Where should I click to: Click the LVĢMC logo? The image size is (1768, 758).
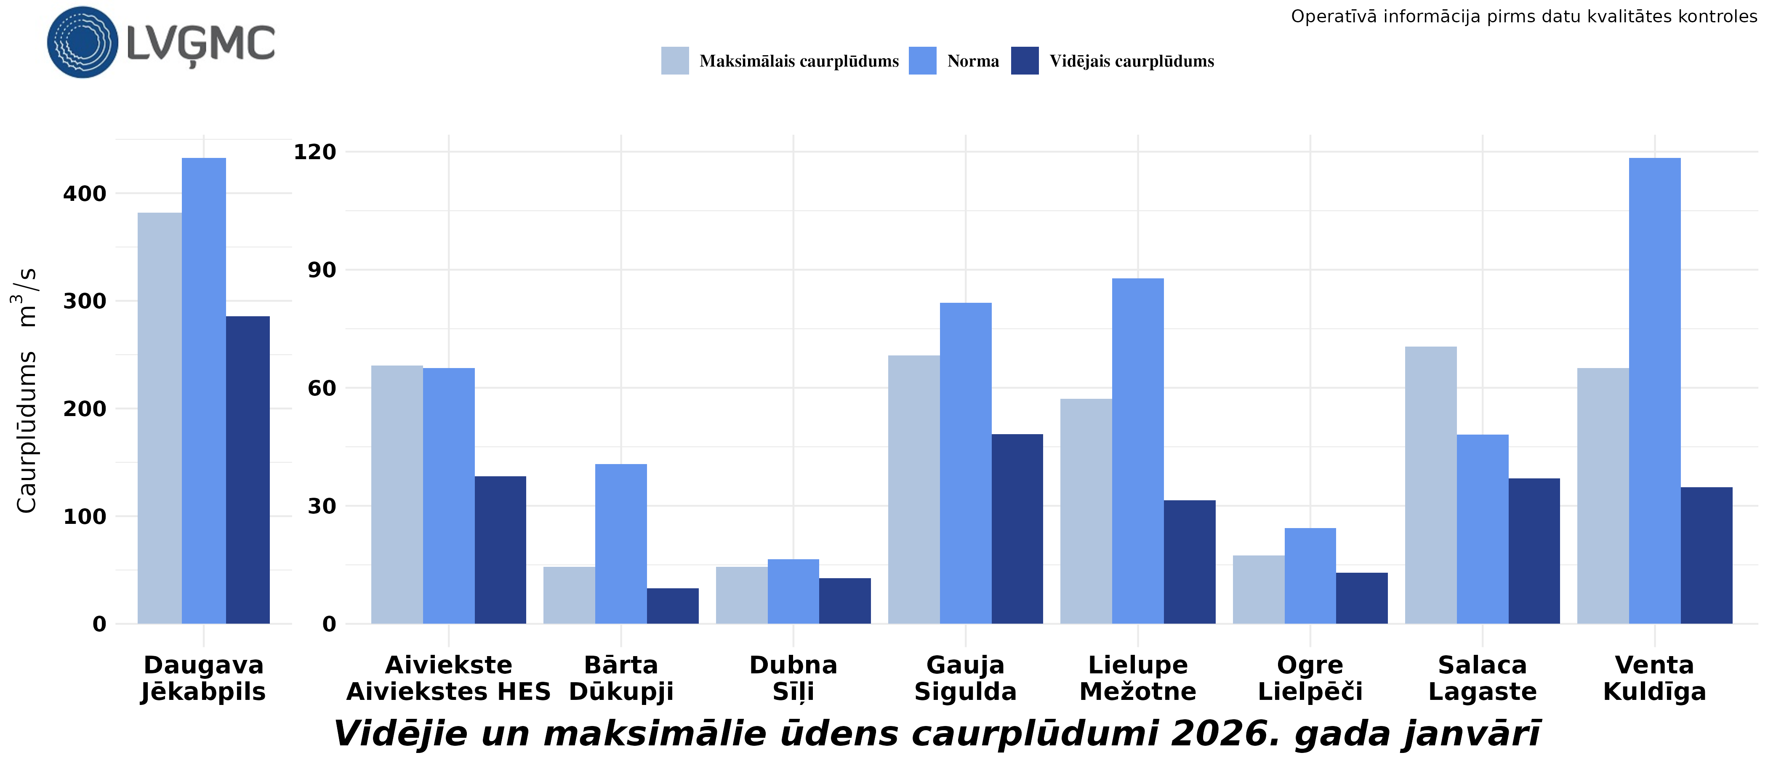161,43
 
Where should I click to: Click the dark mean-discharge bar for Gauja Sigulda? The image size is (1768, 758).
1017,528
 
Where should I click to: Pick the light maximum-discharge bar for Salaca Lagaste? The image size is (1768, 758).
1430,485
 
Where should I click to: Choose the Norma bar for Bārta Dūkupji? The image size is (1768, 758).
620,544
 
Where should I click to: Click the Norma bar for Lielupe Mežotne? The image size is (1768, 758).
1137,451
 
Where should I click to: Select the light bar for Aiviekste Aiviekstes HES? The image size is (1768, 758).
397,494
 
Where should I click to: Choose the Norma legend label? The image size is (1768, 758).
972,61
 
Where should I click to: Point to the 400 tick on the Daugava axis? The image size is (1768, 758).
85,194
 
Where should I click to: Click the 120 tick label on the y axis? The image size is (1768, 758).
315,152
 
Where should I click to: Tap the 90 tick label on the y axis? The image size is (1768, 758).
322,270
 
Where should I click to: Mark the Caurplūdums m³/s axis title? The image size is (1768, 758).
26,390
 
